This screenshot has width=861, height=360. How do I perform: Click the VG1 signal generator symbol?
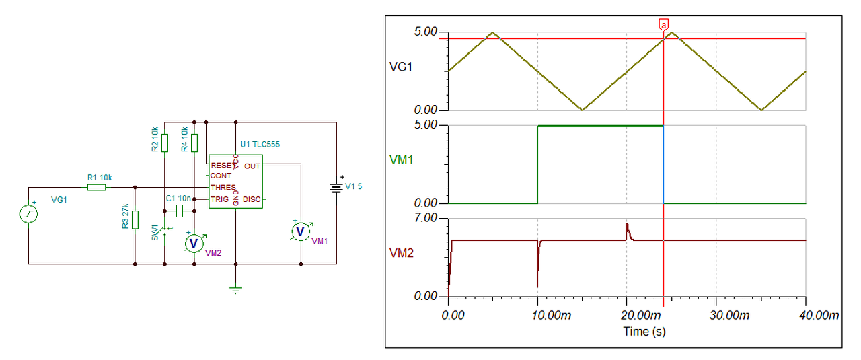pyautogui.click(x=28, y=213)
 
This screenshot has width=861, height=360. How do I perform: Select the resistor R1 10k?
pyautogui.click(x=97, y=187)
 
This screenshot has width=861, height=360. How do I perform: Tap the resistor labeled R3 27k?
pyautogui.click(x=135, y=219)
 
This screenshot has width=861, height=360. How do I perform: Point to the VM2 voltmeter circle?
pyautogui.click(x=194, y=242)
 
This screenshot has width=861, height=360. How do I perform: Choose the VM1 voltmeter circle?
pyautogui.click(x=301, y=231)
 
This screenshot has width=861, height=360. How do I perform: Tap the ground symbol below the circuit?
pyautogui.click(x=235, y=290)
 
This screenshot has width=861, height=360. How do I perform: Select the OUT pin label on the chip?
pyautogui.click(x=252, y=165)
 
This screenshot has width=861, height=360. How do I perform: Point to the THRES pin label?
pyautogui.click(x=223, y=187)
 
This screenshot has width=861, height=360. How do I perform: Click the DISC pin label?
pyautogui.click(x=252, y=199)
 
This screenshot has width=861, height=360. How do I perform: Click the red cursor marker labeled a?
pyautogui.click(x=664, y=25)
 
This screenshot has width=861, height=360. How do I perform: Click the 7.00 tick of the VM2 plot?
pyautogui.click(x=425, y=218)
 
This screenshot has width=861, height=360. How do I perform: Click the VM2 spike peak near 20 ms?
pyautogui.click(x=627, y=224)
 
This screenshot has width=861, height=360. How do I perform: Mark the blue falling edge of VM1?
pyautogui.click(x=664, y=165)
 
